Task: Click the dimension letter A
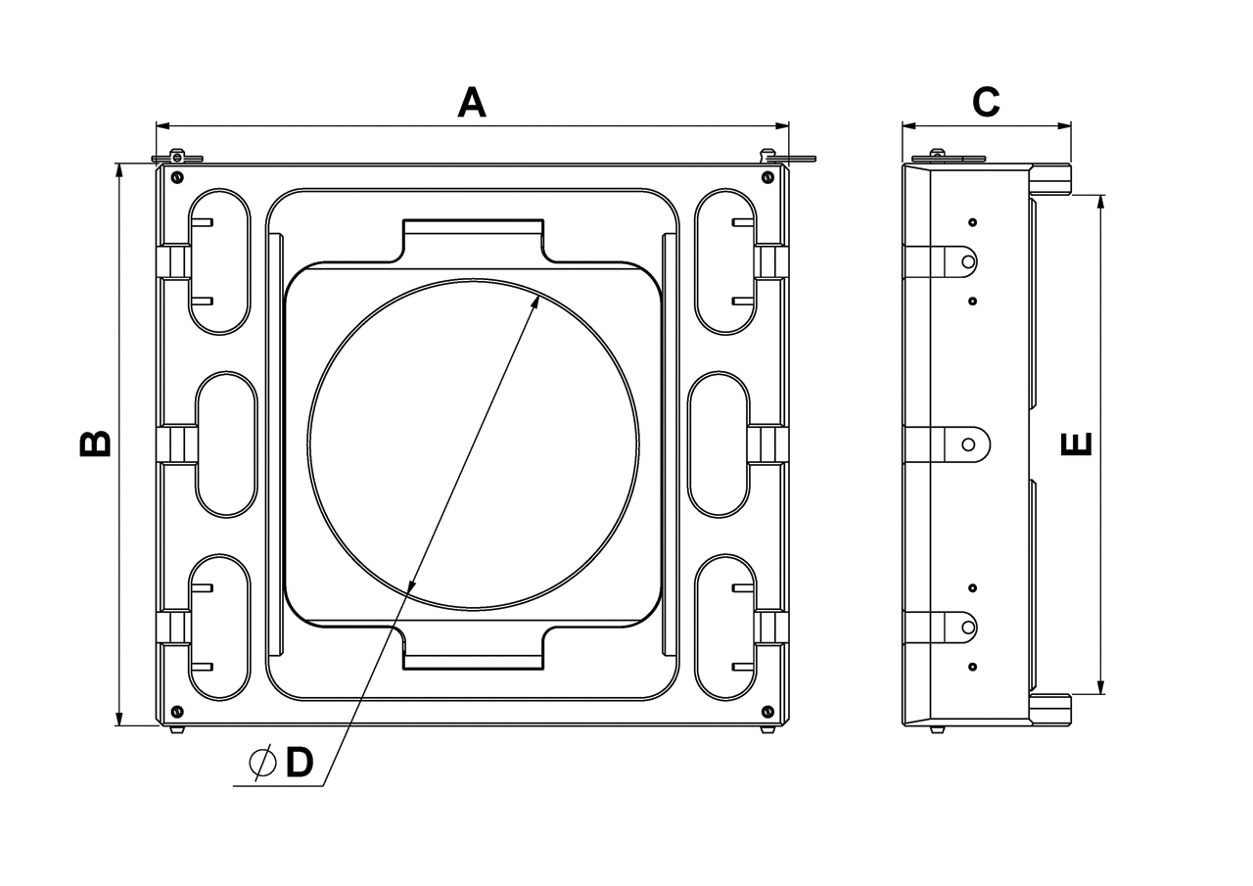472,103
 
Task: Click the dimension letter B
96,443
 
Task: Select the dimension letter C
985,102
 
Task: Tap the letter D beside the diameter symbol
299,763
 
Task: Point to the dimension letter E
1076,444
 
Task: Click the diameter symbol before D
261,763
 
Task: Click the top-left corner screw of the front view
176,177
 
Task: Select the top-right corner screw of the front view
767,177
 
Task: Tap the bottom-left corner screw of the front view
176,711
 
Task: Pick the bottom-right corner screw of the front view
767,711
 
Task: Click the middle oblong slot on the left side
227,444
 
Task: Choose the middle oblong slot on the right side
719,444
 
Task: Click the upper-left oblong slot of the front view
219,261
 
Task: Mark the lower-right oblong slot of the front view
725,628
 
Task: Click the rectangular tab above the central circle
473,240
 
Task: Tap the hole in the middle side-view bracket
968,444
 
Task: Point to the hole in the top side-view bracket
968,261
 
